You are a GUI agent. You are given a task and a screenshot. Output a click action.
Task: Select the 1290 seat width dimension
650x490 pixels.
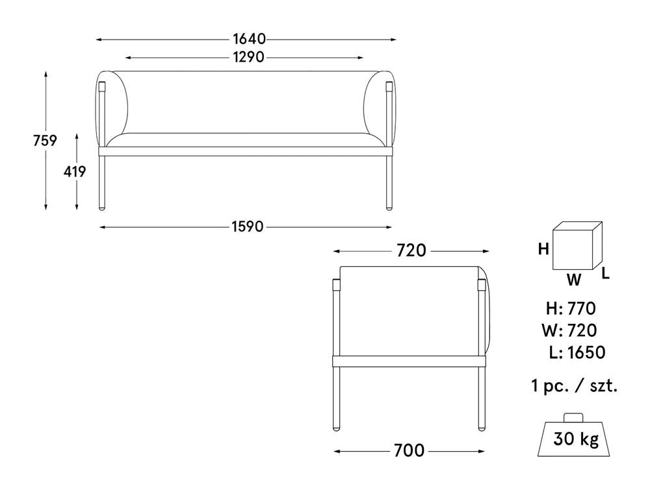tap(248, 57)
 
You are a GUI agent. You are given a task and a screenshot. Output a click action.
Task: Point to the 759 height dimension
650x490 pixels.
tap(45, 140)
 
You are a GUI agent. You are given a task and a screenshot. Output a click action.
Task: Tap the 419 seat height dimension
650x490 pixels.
tap(75, 172)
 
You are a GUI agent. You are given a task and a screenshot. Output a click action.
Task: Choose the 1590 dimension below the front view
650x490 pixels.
tap(247, 227)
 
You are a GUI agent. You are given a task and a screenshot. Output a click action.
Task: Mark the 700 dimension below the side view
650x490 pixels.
tap(409, 450)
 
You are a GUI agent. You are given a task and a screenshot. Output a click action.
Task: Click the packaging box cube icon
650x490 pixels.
tap(577, 247)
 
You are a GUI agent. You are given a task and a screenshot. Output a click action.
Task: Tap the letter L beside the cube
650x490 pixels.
tap(605, 273)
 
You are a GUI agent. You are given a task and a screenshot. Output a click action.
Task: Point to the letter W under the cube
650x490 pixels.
tap(573, 280)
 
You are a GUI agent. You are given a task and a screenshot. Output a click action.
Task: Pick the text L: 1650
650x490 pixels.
tap(577, 352)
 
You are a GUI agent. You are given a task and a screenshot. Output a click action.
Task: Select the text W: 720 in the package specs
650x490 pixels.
tap(569, 330)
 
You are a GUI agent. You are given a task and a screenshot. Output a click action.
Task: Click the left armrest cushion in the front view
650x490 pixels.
tap(116, 107)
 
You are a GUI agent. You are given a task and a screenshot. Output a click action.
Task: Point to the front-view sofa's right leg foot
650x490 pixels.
tap(389, 206)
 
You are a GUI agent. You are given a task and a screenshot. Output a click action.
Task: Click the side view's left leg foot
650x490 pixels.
tap(336, 427)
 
